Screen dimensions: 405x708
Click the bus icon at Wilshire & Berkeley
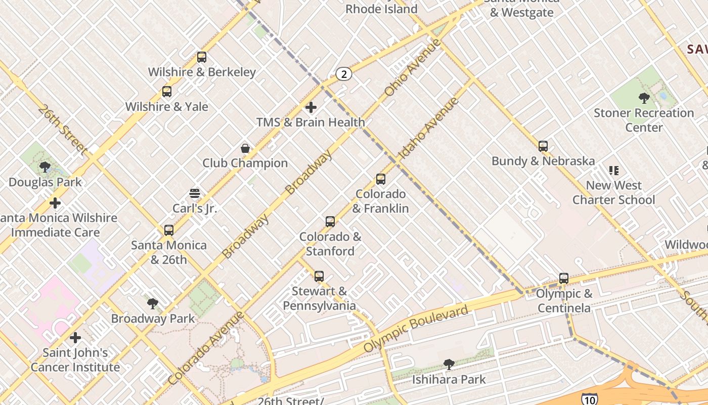coord(202,57)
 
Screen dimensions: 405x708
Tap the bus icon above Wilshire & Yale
coord(167,92)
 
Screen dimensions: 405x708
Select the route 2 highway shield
coord(344,74)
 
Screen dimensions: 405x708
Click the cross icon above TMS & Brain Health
coord(311,107)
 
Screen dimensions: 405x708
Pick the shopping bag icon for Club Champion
coord(245,148)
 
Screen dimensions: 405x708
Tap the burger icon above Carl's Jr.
coord(195,193)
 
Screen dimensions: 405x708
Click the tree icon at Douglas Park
coord(45,167)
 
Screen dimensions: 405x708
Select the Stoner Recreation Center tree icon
coord(644,98)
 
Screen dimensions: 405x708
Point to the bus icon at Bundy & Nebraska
coord(543,146)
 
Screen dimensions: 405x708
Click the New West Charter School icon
coord(614,171)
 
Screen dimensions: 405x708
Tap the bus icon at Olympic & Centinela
coord(564,278)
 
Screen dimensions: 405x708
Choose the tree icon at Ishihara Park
coord(449,364)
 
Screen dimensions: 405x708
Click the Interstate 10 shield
coord(588,398)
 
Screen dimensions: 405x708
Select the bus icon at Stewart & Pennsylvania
coord(319,276)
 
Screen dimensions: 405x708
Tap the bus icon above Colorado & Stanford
coord(330,222)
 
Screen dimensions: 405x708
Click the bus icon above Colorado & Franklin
coord(381,179)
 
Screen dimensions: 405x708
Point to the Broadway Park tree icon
coord(153,304)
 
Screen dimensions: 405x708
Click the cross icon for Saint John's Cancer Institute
coord(75,338)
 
